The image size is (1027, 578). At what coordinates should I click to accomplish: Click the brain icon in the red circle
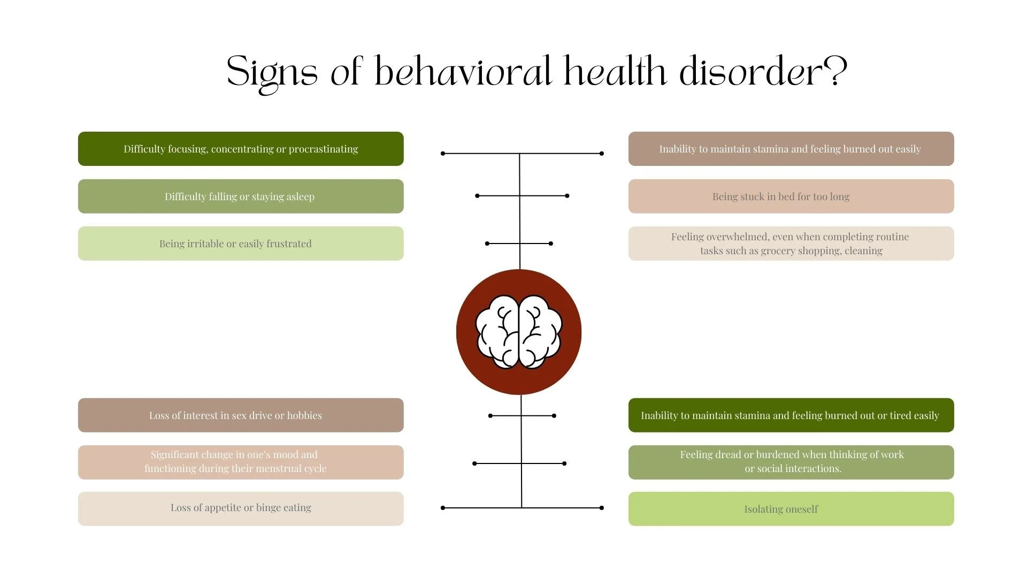pyautogui.click(x=518, y=332)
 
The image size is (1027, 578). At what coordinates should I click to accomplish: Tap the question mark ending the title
pyautogui.click(x=835, y=71)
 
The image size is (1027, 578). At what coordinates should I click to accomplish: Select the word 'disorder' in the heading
pyautogui.click(x=750, y=71)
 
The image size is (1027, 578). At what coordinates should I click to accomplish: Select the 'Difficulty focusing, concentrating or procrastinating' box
pyautogui.click(x=241, y=149)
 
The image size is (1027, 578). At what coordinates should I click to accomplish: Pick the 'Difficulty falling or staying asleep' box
pyautogui.click(x=241, y=196)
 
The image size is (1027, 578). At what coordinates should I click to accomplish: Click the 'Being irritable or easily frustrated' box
pyautogui.click(x=241, y=244)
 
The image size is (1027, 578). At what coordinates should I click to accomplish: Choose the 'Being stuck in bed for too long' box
pyautogui.click(x=791, y=196)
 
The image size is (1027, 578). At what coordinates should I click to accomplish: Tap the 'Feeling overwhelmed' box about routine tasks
pyautogui.click(x=791, y=244)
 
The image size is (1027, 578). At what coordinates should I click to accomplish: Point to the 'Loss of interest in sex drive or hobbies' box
pyautogui.click(x=241, y=415)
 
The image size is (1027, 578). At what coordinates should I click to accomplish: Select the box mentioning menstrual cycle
pyautogui.click(x=241, y=462)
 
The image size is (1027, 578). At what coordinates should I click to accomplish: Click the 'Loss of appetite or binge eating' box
pyautogui.click(x=241, y=508)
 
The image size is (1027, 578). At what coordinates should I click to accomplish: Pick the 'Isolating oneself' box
pyautogui.click(x=791, y=508)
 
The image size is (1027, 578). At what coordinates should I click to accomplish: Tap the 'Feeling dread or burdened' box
pyautogui.click(x=791, y=462)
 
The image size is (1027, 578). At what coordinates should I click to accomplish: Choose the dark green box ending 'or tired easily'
pyautogui.click(x=791, y=415)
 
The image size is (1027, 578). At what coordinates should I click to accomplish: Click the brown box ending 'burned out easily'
pyautogui.click(x=791, y=149)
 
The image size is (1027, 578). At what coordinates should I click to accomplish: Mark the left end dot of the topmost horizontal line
pyautogui.click(x=443, y=154)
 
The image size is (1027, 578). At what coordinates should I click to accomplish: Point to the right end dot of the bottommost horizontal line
pyautogui.click(x=602, y=508)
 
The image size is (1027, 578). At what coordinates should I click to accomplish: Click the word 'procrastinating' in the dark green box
pyautogui.click(x=324, y=149)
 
